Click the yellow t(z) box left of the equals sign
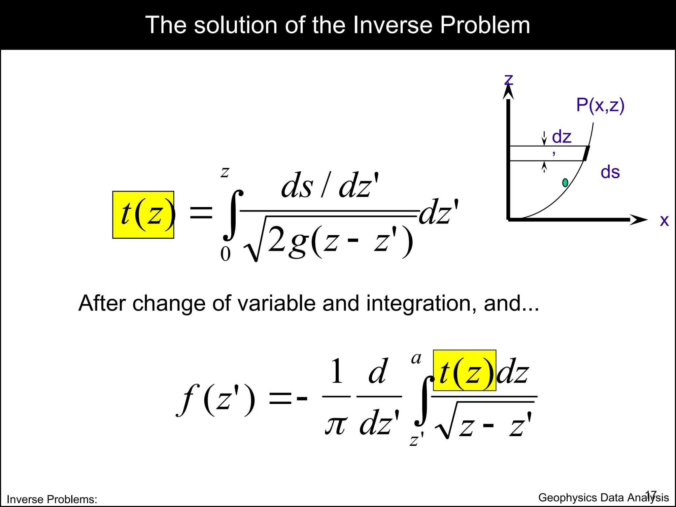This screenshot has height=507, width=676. [x=143, y=215]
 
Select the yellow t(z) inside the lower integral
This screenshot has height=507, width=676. [x=464, y=370]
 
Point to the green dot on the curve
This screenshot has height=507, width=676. [x=565, y=183]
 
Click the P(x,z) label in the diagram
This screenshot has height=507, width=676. [x=600, y=105]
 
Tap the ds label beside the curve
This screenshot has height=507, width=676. [x=610, y=172]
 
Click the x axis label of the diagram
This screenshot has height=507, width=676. [x=664, y=220]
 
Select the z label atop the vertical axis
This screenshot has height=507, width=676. [x=509, y=79]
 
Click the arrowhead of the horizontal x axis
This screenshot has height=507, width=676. [x=639, y=220]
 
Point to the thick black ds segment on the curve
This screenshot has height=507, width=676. [x=586, y=153]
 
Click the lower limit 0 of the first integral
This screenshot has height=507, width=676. [x=225, y=254]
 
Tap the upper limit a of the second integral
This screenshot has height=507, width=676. [x=416, y=358]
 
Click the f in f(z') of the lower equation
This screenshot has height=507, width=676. [x=189, y=400]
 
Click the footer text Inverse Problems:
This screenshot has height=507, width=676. [x=52, y=499]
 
